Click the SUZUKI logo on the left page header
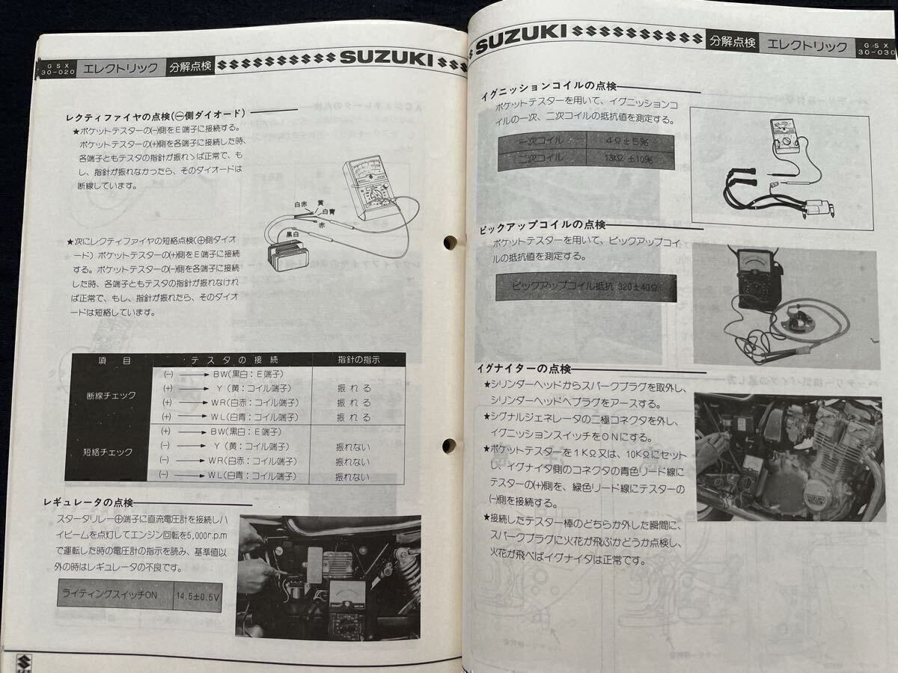(x=391, y=58)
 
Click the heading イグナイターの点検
(x=525, y=369)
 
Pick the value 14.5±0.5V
(x=197, y=597)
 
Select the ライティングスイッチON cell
(x=114, y=596)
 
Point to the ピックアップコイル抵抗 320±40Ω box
(x=586, y=286)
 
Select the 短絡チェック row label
(x=110, y=452)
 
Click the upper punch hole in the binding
(x=449, y=242)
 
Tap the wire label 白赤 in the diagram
(x=302, y=205)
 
